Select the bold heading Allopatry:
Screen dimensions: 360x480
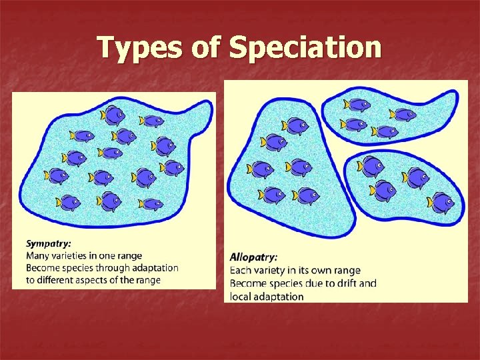point(254,257)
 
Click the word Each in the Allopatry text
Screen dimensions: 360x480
point(240,270)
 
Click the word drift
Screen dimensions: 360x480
point(341,283)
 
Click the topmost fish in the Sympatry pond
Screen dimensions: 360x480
point(113,115)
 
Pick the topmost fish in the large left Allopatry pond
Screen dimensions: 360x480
point(295,125)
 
